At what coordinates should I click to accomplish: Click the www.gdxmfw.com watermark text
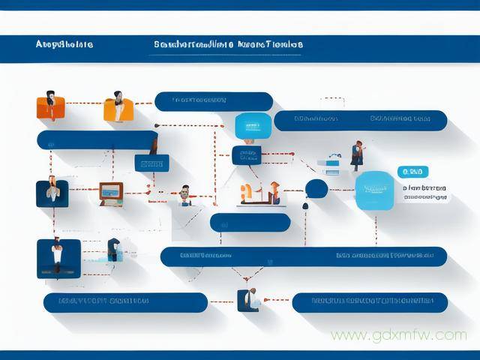(x=398, y=335)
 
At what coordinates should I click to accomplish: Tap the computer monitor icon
(x=111, y=193)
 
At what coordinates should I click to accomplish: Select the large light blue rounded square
(x=373, y=190)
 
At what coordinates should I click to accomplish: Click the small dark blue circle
(x=316, y=189)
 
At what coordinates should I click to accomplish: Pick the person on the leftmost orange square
(x=50, y=105)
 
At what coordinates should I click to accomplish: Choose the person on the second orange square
(x=118, y=106)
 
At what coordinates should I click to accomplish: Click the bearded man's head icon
(x=184, y=194)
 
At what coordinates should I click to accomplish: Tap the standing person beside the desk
(x=357, y=154)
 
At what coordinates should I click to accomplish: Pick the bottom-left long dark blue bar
(x=124, y=302)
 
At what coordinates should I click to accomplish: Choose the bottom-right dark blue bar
(x=369, y=302)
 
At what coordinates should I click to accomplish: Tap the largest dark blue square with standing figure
(x=58, y=259)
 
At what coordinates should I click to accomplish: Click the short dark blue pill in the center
(x=250, y=222)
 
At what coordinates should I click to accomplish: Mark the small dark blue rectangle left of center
(x=151, y=163)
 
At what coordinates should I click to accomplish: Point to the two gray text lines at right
(x=425, y=193)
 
